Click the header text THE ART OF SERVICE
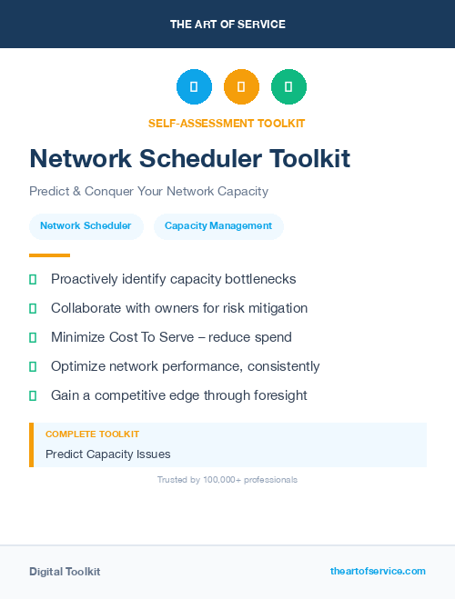point(227,25)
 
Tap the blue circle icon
point(194,87)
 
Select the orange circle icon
point(241,87)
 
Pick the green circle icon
point(288,87)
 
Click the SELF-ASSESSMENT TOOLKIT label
point(227,123)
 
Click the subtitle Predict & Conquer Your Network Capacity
point(148,192)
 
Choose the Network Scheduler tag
point(86,226)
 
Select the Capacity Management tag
point(218,226)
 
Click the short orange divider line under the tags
point(49,255)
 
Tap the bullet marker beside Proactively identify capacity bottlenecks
point(33,279)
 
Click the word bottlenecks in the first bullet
point(259,279)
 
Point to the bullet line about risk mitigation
point(179,308)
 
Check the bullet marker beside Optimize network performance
point(33,366)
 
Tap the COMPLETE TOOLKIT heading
point(92,434)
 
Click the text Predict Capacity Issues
point(108,454)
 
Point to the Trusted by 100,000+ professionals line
point(227,479)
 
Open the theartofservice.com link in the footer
point(378,571)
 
